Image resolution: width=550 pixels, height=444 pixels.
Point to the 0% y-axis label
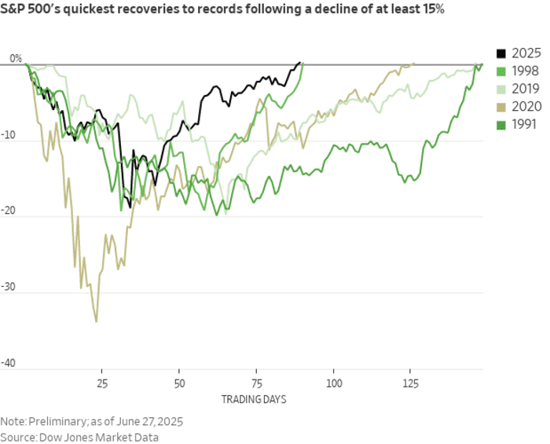pyautogui.click(x=16, y=59)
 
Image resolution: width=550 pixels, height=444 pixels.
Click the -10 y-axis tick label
pyautogui.click(x=13, y=135)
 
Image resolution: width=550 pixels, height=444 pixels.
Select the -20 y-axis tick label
pyautogui.click(x=13, y=211)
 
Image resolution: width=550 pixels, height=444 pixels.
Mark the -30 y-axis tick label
pyautogui.click(x=13, y=288)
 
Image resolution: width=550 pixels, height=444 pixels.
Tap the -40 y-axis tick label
pyautogui.click(x=13, y=364)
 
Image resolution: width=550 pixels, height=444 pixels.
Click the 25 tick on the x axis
pyautogui.click(x=101, y=383)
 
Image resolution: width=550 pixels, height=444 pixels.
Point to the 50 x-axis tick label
pyautogui.click(x=179, y=383)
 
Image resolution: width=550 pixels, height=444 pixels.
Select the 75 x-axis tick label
pyautogui.click(x=257, y=383)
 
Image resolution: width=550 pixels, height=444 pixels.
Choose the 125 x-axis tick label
pyautogui.click(x=412, y=383)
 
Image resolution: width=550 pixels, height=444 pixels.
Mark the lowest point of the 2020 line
pyautogui.click(x=96, y=321)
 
